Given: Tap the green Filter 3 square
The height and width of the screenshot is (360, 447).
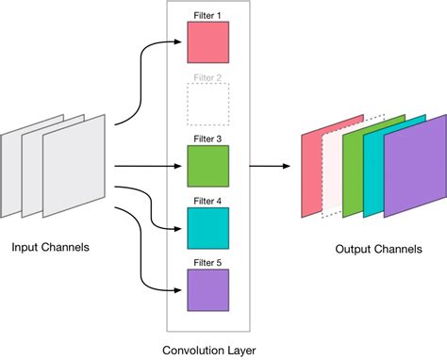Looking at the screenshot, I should [x=207, y=166].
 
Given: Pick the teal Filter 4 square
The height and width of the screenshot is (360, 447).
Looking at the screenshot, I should [x=207, y=227].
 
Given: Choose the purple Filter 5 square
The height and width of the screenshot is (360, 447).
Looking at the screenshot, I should [x=207, y=289].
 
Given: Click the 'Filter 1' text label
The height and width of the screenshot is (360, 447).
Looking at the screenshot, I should [x=207, y=16].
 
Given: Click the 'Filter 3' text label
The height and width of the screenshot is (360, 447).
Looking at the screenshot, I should [x=207, y=139].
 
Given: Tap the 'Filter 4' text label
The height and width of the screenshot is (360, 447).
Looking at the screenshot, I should [x=207, y=201].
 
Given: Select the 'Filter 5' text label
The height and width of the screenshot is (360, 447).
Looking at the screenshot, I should [x=207, y=263].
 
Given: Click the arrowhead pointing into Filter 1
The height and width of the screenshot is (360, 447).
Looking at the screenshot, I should [x=180, y=42].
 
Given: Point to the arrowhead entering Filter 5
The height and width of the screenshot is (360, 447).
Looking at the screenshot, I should [x=180, y=289].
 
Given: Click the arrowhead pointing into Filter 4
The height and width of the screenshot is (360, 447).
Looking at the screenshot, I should [x=180, y=227].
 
